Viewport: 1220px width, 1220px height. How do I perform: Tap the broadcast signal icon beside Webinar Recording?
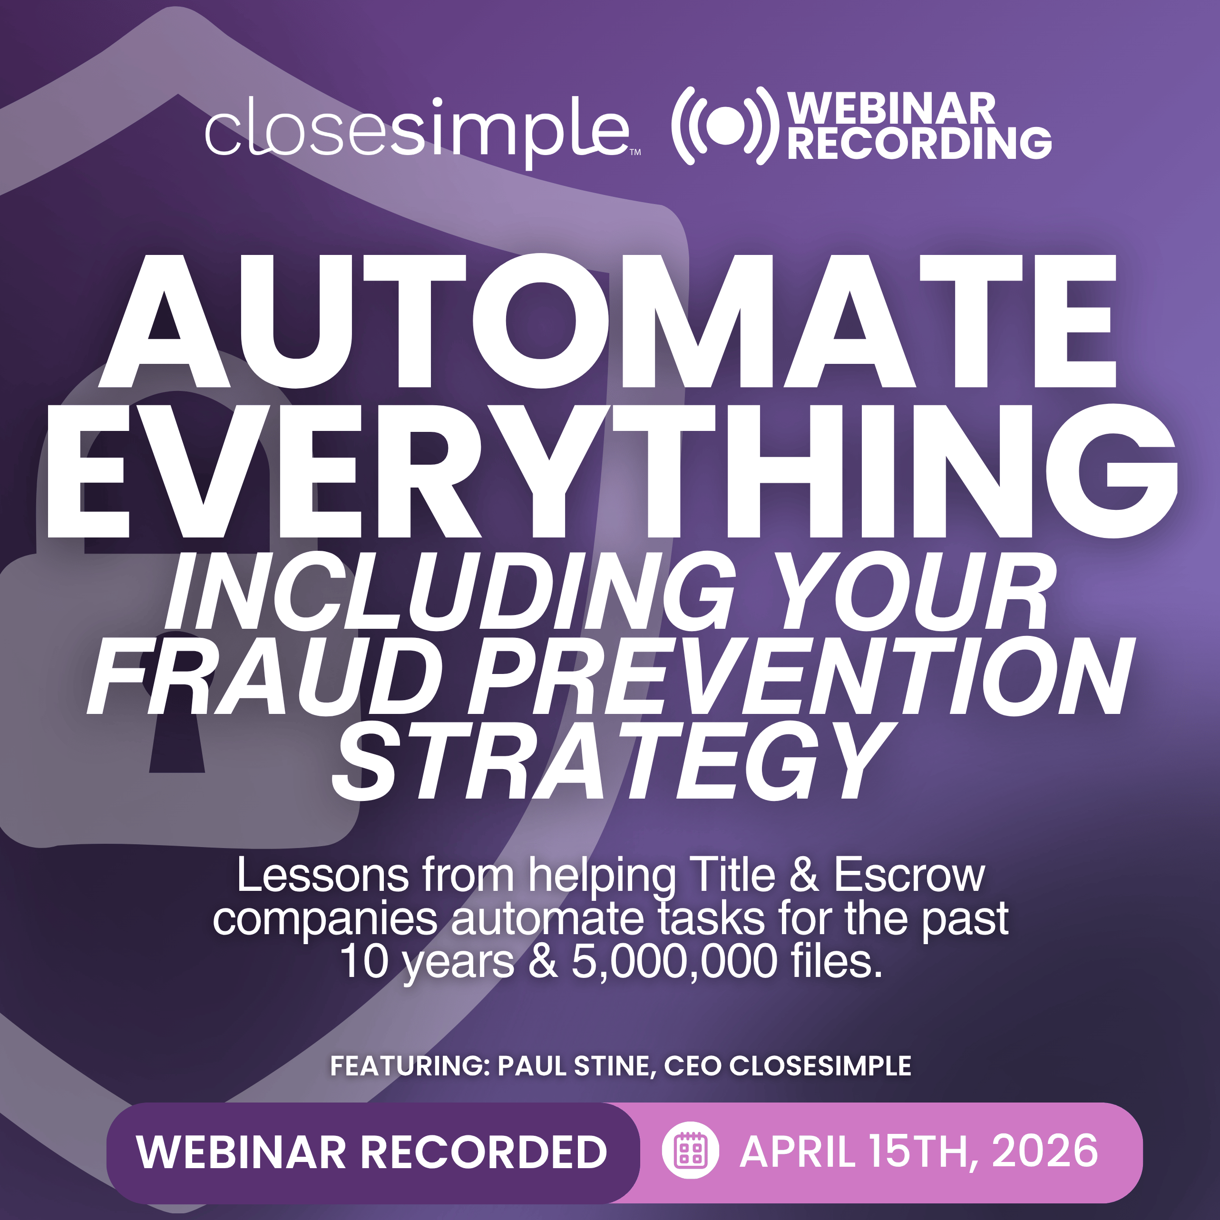[x=721, y=126]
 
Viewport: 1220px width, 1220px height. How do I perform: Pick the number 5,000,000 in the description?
[x=674, y=961]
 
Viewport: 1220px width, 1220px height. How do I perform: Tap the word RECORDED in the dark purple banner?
[x=483, y=1151]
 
